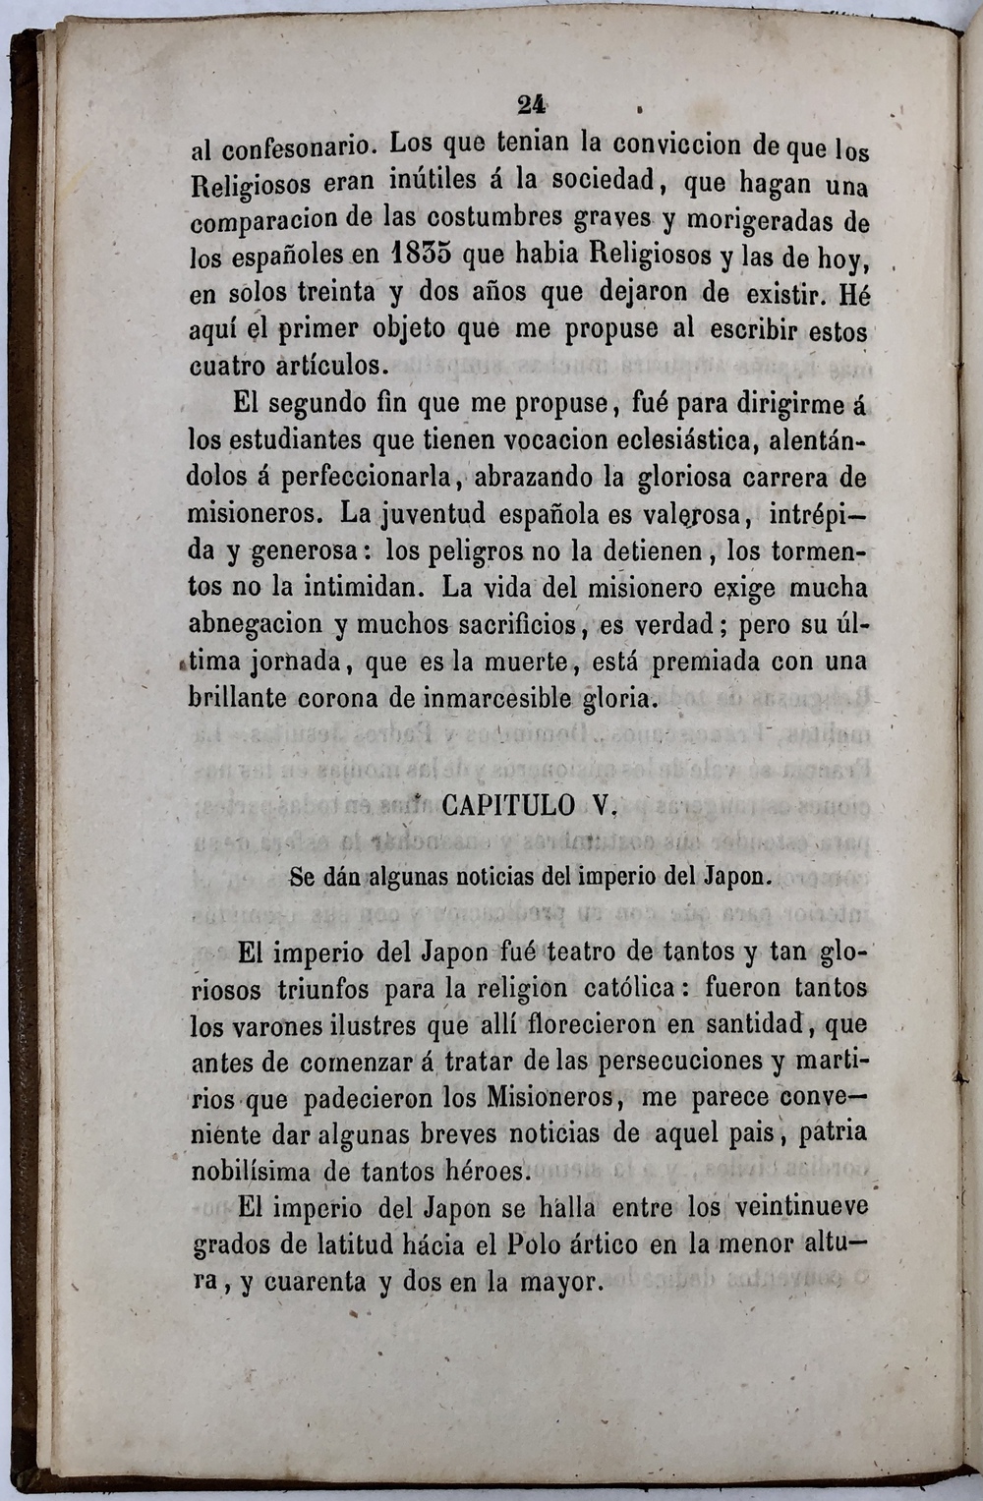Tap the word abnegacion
tap(256, 624)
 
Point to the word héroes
tap(485, 1171)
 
